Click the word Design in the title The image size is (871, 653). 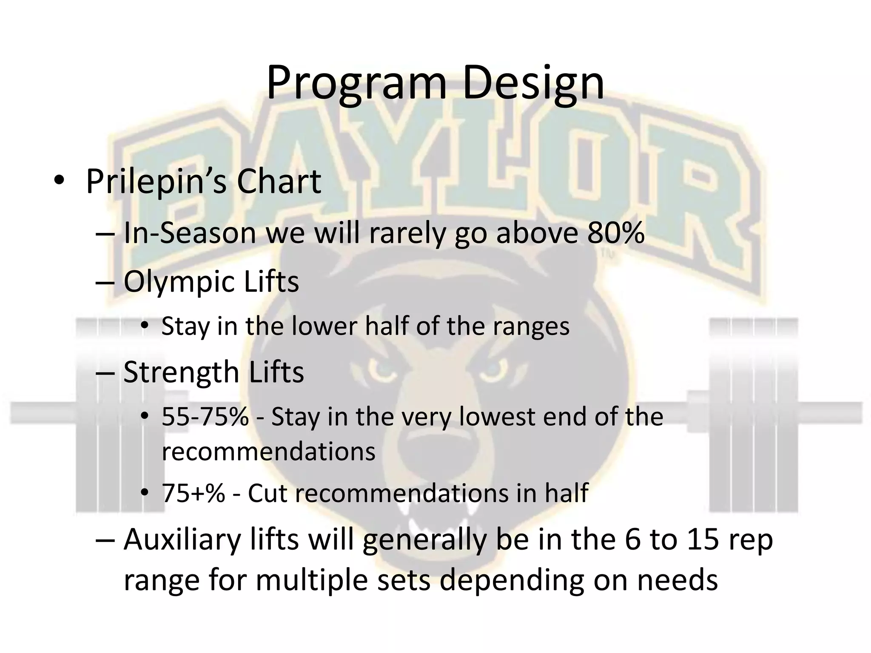(x=532, y=83)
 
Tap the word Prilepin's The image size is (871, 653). (x=156, y=182)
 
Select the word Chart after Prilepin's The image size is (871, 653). (x=279, y=182)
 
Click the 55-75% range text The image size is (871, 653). (x=205, y=417)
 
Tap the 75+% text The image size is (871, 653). (x=193, y=494)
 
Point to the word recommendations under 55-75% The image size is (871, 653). (x=268, y=451)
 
